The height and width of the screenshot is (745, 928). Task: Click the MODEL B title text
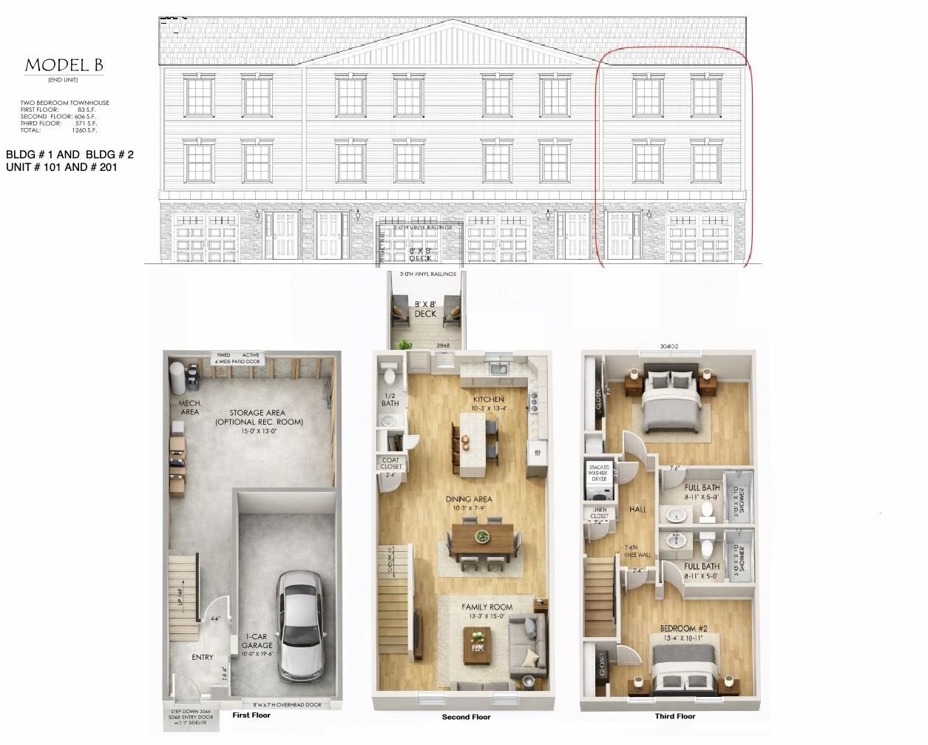64,66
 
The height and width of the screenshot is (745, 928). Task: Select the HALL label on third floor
637,509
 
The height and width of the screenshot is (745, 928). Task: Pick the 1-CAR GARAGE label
257,641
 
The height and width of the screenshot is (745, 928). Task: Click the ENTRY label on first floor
202,657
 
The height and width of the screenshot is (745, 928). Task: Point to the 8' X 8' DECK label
425,309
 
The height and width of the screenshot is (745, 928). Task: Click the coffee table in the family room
478,643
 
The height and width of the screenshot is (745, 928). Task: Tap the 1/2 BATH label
390,400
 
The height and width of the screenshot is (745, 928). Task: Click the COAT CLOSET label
391,463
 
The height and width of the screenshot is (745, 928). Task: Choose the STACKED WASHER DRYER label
599,473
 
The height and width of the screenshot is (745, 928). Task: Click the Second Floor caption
466,717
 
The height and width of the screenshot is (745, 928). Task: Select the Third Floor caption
674,716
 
